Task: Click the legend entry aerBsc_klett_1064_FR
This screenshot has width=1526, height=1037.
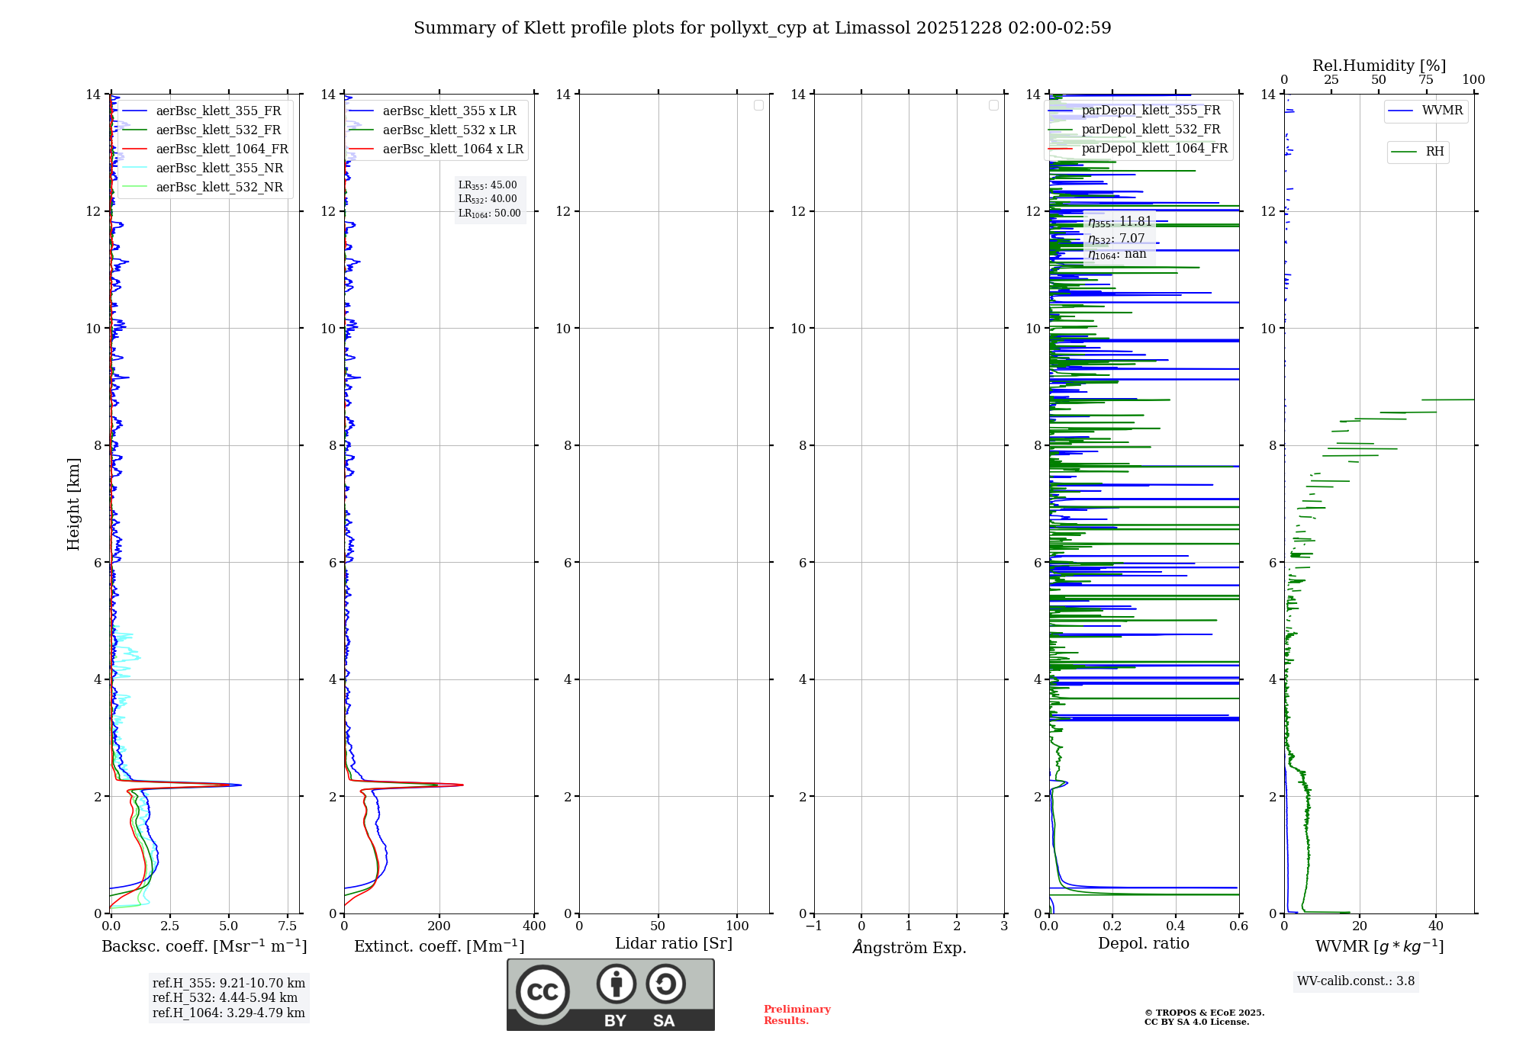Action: [221, 149]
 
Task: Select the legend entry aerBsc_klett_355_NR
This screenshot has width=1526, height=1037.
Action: [219, 169]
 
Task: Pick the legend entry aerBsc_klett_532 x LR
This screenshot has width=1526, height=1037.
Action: [449, 130]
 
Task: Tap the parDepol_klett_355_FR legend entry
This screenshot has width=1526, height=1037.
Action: [1151, 111]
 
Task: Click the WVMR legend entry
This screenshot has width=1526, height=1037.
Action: [1442, 111]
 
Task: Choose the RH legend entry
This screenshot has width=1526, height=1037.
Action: [1434, 152]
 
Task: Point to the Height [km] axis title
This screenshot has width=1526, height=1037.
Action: [73, 504]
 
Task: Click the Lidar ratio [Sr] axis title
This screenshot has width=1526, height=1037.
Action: [674, 944]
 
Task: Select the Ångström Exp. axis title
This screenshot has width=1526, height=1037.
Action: [909, 948]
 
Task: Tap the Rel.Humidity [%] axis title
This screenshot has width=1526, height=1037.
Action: [1379, 66]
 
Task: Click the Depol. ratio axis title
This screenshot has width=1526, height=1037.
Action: [1143, 944]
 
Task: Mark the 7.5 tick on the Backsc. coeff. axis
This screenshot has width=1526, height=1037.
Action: [288, 926]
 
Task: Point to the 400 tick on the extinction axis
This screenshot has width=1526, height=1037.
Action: [534, 926]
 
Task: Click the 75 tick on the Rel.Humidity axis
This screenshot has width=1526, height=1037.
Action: [1425, 80]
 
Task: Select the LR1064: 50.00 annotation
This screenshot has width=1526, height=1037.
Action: [489, 213]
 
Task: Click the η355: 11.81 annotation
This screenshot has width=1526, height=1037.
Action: [1119, 222]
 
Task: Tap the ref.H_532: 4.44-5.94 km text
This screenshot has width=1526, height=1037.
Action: [225, 998]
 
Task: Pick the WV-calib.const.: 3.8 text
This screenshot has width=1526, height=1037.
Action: [1355, 981]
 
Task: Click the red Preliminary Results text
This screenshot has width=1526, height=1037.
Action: [797, 1015]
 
